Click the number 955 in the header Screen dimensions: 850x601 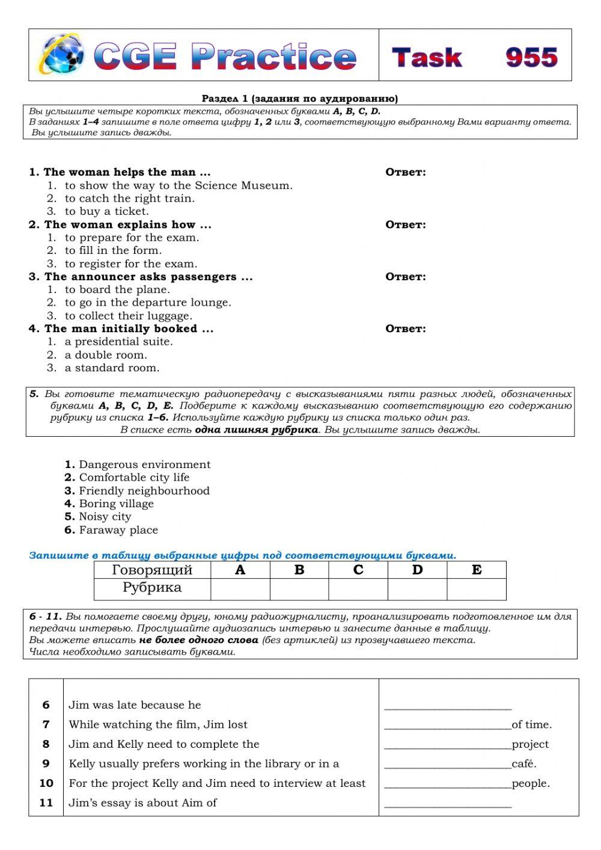click(531, 57)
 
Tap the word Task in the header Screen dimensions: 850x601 click(427, 58)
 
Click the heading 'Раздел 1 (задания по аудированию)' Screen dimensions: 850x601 click(299, 99)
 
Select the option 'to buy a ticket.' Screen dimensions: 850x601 click(107, 211)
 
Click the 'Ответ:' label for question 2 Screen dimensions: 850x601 click(405, 225)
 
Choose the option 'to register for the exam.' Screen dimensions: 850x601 click(131, 263)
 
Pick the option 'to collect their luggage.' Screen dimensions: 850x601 click(129, 316)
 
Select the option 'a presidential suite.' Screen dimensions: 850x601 click(118, 342)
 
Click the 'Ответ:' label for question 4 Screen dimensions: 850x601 click(405, 329)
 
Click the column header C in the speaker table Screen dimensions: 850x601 click(358, 570)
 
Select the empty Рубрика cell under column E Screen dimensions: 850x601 click(476, 589)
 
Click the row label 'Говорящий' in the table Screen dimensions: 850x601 click(152, 570)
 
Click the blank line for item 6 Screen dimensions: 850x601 click(448, 705)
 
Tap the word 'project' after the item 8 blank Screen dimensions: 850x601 click(530, 744)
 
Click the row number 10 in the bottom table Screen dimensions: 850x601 click(46, 783)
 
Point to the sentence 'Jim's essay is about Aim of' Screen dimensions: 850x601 click(142, 802)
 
